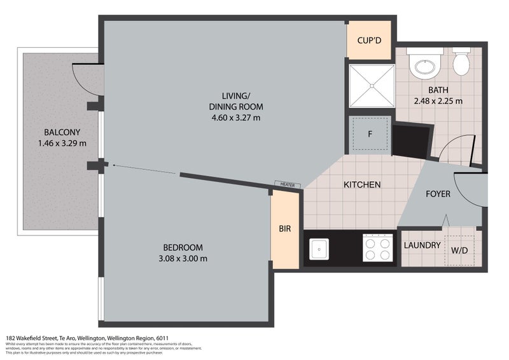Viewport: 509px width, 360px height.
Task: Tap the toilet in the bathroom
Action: point(461,62)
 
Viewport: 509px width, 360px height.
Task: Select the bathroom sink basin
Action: point(422,66)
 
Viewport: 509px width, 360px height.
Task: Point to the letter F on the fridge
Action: point(369,134)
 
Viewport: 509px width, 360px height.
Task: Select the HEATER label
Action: point(287,184)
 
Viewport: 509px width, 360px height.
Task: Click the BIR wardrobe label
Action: point(284,228)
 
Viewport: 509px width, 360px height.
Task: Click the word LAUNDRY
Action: point(422,246)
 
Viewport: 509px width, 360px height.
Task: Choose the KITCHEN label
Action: point(361,185)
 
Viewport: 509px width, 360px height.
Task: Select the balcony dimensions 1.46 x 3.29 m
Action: point(62,143)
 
